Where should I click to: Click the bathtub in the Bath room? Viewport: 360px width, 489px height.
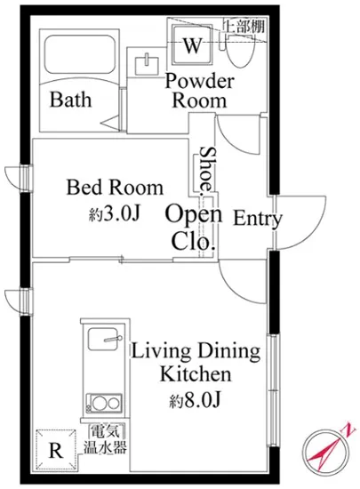79,54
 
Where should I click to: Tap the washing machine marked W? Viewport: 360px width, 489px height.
192,45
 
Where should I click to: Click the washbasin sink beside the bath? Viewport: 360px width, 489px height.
146,65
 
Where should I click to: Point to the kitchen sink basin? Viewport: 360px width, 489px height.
104,339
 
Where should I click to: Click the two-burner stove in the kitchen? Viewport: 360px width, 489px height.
104,404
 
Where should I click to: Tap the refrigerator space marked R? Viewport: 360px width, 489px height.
56,449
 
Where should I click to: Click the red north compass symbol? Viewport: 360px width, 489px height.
327,448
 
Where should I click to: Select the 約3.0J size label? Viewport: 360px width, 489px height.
114,214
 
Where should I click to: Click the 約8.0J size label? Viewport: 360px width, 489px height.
196,400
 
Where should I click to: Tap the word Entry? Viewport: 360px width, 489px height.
258,219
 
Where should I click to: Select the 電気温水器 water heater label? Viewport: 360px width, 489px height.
105,439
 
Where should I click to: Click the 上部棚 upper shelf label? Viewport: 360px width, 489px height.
244,26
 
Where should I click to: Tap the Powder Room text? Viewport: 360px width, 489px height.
199,91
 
